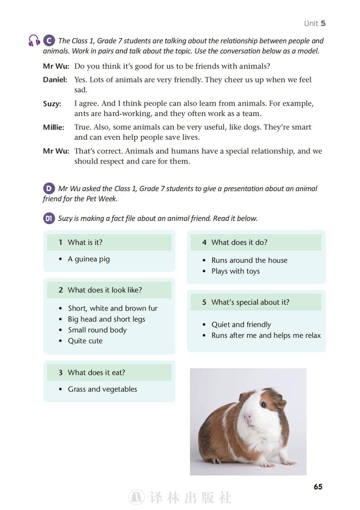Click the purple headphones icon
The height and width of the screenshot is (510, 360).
tap(34, 41)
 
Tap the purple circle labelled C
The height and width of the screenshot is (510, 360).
tap(49, 41)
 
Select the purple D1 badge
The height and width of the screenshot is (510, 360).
tap(49, 218)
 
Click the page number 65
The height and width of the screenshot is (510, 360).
tap(318, 487)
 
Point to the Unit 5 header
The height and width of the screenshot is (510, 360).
tap(314, 23)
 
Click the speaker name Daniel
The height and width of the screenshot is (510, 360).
tap(55, 80)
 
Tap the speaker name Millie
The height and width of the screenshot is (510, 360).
tap(53, 127)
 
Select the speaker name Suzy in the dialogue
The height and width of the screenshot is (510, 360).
tap(52, 104)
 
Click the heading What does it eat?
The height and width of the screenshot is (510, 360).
tap(96, 373)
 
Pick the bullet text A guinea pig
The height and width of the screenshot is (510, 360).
tap(89, 259)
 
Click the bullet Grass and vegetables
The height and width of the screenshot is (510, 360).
tap(102, 389)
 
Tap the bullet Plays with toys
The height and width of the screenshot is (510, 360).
tap(236, 271)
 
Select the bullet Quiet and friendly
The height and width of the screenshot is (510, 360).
tap(241, 325)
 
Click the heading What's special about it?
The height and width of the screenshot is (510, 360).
tap(250, 302)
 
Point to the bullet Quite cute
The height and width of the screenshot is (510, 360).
tap(85, 341)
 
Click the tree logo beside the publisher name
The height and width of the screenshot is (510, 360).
tap(137, 497)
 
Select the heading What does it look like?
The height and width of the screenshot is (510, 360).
tap(105, 290)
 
